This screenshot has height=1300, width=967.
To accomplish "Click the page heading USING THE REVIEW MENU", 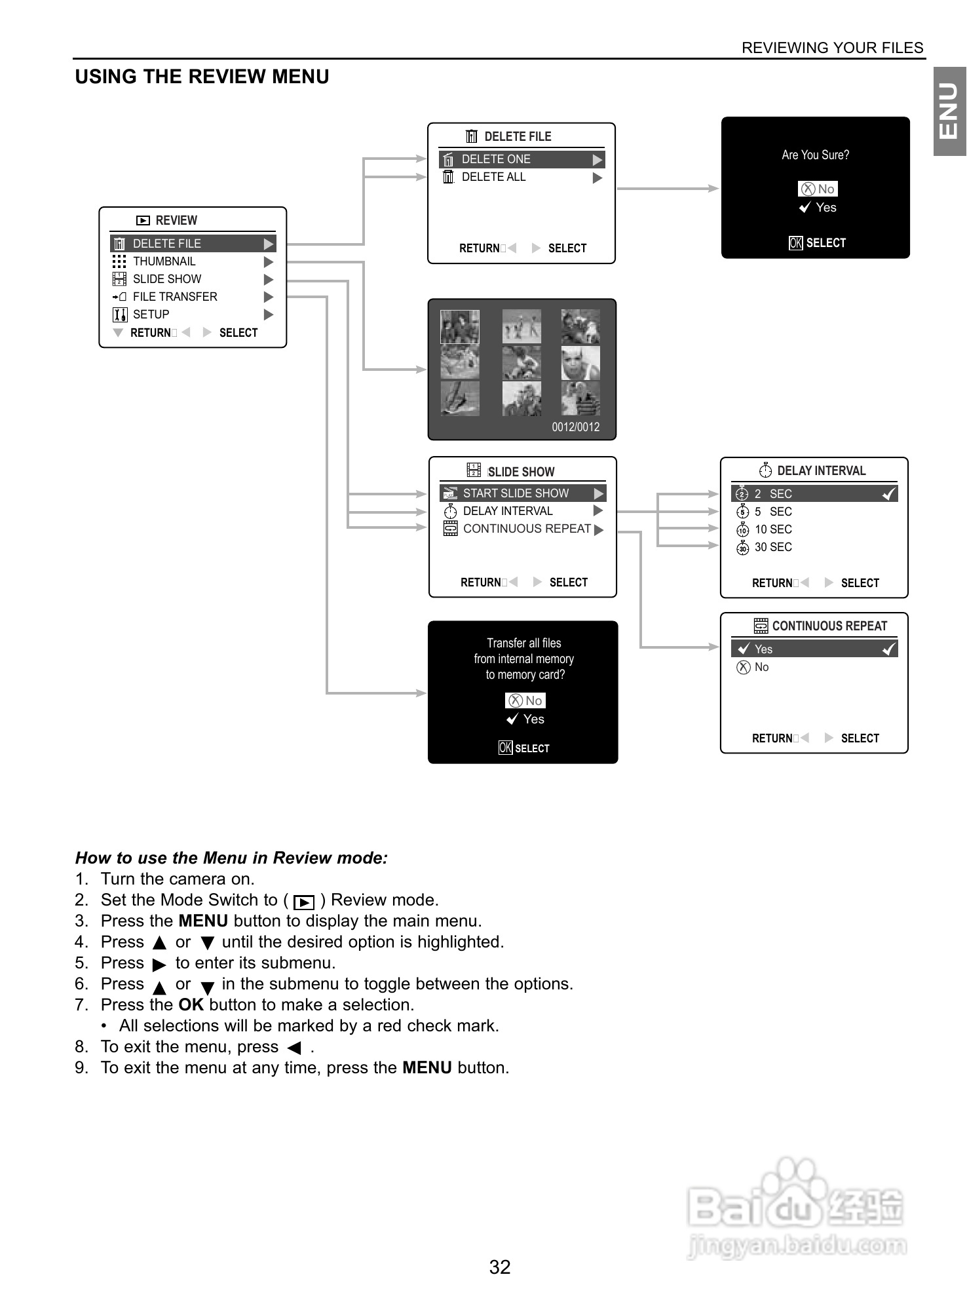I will (202, 77).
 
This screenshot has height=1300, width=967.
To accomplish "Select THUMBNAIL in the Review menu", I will (164, 261).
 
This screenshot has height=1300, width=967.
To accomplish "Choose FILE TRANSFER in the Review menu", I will (175, 297).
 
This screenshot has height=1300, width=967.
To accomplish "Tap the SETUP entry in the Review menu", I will (151, 315).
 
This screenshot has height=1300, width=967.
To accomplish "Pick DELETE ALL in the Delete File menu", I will (493, 177).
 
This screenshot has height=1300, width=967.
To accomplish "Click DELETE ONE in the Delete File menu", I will (496, 159).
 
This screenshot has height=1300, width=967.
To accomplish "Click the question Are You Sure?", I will (815, 155).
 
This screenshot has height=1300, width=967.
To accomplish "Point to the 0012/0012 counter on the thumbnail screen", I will (575, 427).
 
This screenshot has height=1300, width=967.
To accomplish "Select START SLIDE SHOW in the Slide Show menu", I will (516, 493).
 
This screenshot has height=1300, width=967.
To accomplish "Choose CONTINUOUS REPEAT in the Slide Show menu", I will (527, 529).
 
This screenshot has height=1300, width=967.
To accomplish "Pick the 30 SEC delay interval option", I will (773, 547).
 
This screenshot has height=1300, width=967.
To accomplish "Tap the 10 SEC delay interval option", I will (773, 529).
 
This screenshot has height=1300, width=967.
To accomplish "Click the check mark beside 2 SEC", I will (889, 494).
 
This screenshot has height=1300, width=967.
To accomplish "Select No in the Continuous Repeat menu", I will (761, 667).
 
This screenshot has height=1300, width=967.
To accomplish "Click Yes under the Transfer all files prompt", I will (533, 719).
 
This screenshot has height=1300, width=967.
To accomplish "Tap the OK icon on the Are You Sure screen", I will (795, 243).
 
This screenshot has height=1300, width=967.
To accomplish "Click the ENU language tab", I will (949, 111).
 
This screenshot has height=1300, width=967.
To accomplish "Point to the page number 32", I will (500, 1267).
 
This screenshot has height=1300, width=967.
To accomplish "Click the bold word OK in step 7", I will (191, 1005).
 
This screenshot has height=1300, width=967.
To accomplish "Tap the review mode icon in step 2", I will (304, 902).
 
